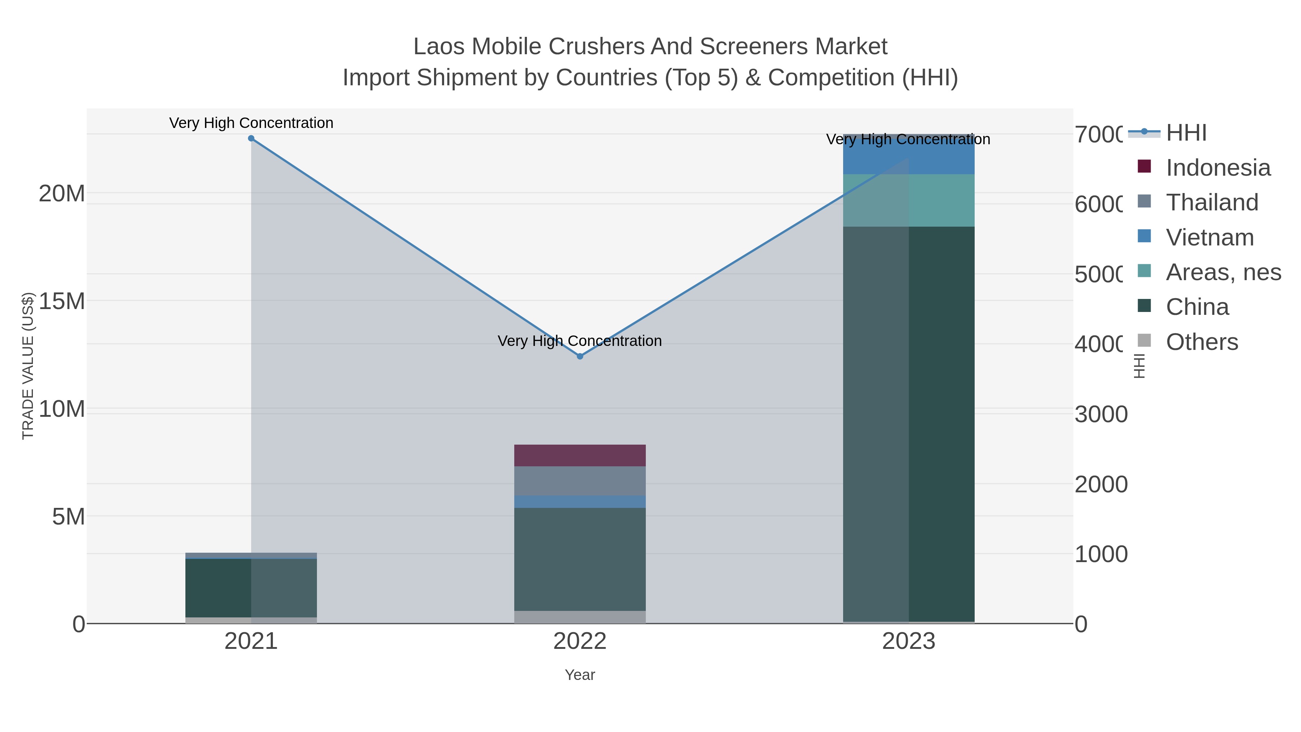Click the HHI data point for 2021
click(251, 138)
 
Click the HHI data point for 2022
click(580, 356)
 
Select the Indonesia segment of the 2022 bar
click(580, 455)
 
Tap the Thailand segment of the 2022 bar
click(580, 480)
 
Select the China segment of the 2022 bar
click(580, 559)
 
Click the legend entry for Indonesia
click(1217, 167)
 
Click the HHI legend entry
click(1186, 133)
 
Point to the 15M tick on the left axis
click(61, 301)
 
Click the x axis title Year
click(580, 675)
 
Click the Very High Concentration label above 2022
click(580, 341)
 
